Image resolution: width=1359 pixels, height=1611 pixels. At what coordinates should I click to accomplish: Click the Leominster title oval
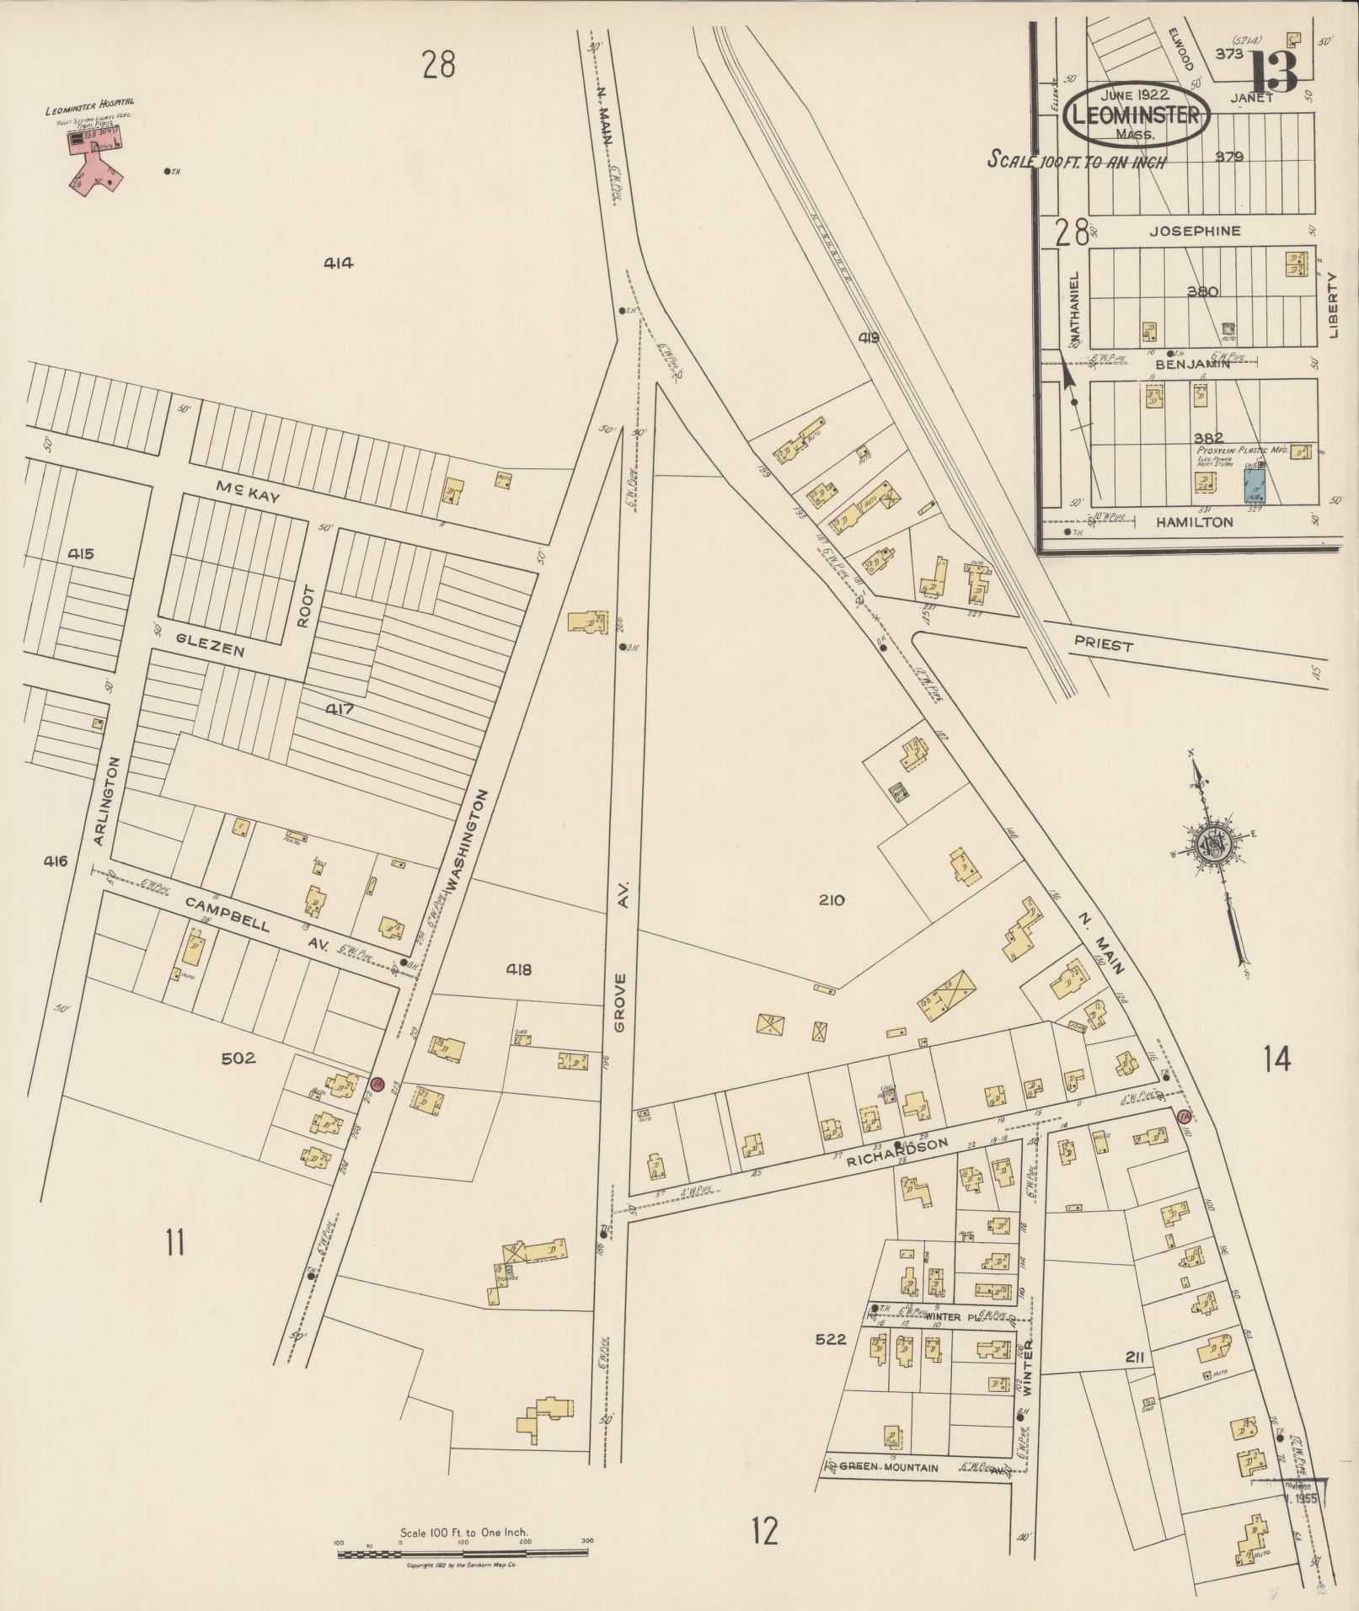(1137, 115)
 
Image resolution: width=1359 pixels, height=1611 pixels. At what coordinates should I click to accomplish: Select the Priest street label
(1103, 645)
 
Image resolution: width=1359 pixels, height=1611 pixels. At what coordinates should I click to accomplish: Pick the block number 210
(831, 900)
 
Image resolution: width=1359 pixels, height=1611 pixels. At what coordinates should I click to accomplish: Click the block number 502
(238, 1058)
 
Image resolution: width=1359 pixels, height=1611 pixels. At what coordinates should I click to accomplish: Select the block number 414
(338, 263)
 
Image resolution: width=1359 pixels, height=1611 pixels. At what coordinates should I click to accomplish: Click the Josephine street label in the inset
(1196, 231)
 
